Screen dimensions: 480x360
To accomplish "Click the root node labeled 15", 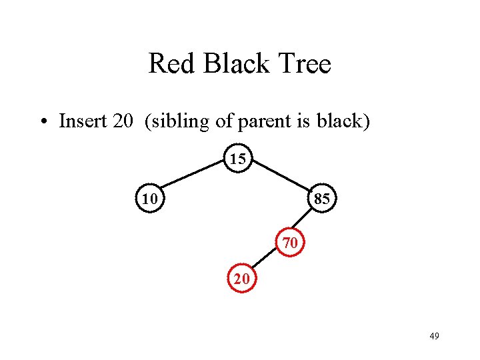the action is point(238,159).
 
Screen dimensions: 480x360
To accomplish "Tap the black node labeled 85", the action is point(323,199).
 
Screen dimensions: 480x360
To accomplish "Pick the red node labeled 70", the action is point(290,243).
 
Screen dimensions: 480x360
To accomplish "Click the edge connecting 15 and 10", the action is point(193,179).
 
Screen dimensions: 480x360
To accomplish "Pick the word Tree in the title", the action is point(305,64).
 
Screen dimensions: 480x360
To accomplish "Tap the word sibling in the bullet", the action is point(180,122).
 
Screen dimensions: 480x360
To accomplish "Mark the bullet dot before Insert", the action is point(42,123).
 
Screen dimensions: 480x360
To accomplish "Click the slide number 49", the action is point(434,336).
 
